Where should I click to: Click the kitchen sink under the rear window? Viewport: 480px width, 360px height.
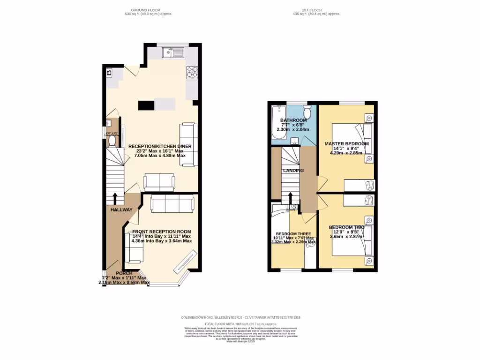[173, 53]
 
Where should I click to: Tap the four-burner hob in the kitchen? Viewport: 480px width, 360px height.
[192, 71]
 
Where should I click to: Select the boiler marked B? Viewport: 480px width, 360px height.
[109, 73]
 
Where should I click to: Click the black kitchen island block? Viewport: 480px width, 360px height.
[146, 105]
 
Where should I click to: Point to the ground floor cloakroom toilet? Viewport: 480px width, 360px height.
[112, 140]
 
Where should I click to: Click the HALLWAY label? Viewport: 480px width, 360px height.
[121, 210]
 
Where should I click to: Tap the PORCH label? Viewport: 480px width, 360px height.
[124, 273]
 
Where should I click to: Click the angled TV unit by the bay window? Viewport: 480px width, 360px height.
[185, 261]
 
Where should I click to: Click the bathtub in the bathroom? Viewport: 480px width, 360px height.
[278, 124]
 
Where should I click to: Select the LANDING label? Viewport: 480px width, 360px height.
[293, 171]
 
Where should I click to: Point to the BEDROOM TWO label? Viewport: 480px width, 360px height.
[346, 227]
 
